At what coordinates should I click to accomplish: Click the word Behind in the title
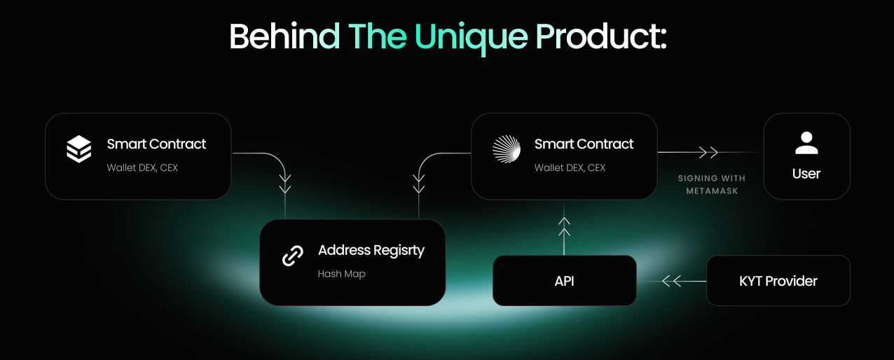[284, 36]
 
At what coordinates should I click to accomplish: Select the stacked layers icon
[78, 149]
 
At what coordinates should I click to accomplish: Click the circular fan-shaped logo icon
[507, 149]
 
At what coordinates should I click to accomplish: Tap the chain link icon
[293, 256]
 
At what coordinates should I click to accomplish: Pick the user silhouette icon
[806, 143]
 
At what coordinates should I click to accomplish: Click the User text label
[806, 174]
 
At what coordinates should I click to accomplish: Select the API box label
[564, 281]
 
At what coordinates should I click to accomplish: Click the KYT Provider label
[778, 281]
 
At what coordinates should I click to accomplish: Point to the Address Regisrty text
[371, 251]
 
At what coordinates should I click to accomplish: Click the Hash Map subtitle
[341, 274]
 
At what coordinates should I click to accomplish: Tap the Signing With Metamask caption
[712, 184]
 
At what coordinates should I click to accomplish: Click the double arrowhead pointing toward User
[708, 152]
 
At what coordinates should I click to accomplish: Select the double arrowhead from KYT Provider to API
[672, 281]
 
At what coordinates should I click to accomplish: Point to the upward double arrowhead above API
[564, 227]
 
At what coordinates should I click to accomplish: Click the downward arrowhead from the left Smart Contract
[285, 184]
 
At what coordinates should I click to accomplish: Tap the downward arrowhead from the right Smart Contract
[419, 184]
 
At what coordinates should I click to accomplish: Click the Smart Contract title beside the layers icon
[156, 144]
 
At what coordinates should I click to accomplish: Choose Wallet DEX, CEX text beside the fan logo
[570, 167]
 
